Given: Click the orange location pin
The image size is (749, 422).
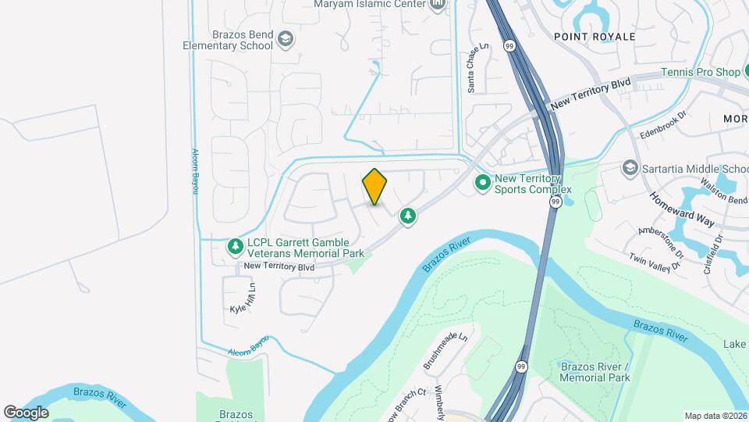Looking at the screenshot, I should tap(375, 187).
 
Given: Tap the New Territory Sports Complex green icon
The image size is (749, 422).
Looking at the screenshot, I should tap(483, 183).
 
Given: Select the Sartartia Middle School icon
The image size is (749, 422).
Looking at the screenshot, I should tap(630, 168).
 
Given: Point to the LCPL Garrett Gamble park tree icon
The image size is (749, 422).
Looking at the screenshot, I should tap(235, 247).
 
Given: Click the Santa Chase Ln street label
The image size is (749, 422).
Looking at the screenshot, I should tap(472, 68).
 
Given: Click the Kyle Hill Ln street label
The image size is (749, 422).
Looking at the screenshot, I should tap(243, 299).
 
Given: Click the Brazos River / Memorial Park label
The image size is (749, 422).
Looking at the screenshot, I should tap(595, 372).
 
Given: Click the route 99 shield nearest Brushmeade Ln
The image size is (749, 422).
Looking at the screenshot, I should tap(521, 367).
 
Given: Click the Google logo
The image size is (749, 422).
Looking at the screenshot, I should tap(26, 412).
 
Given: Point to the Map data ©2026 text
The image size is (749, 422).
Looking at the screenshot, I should tap(715, 416).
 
